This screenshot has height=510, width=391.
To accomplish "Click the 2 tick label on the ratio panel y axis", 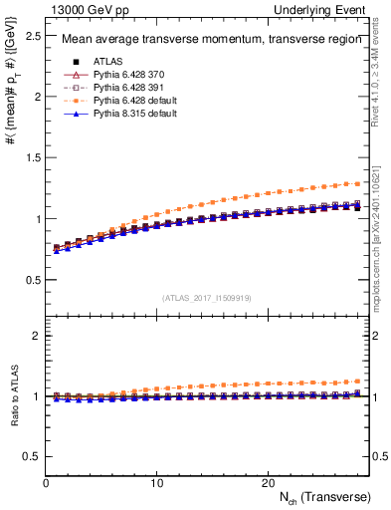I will tap(36, 336).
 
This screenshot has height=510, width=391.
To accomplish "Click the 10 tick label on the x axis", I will tap(156, 482).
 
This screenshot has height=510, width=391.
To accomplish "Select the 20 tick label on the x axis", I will tap(267, 482).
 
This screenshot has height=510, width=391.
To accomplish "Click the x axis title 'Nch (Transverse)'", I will tap(324, 496).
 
